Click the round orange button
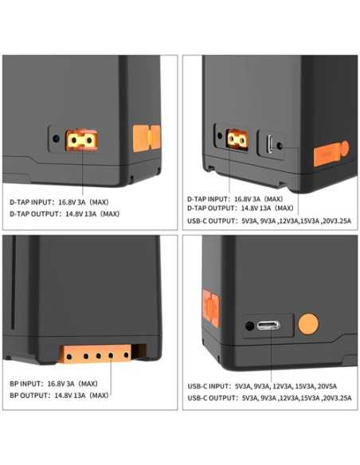tap(308, 324)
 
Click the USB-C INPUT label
tap(209, 385)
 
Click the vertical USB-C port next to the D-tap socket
tap(271, 144)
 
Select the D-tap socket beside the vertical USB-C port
tap(237, 140)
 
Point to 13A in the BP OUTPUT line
tap(81, 395)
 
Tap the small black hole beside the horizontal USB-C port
tap(250, 326)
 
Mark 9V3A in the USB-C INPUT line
tap(258, 385)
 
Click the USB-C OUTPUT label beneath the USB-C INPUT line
tap(211, 397)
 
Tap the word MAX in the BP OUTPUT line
tap(100, 395)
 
